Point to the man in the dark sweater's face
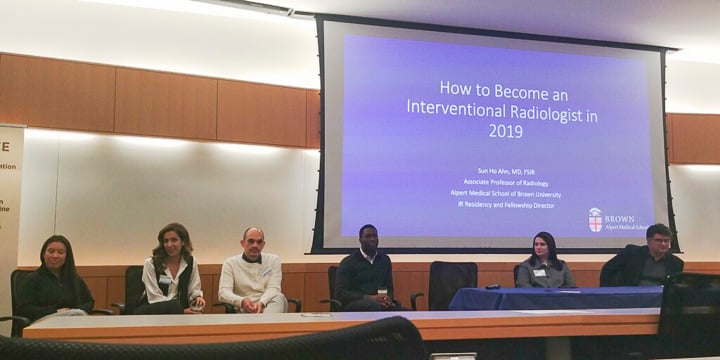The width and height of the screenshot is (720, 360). [367, 239]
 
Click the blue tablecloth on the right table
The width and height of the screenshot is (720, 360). [555, 298]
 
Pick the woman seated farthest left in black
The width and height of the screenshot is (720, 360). [58, 280]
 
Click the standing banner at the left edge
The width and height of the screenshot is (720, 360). [10, 210]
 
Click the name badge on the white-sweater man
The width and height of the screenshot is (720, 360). [266, 271]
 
